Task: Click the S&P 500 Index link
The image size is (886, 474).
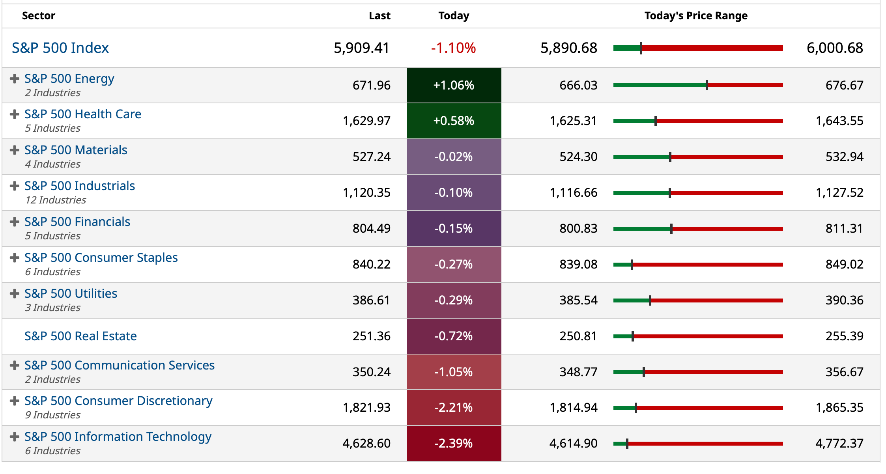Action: pos(60,48)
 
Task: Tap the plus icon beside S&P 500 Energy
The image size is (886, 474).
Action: pos(15,79)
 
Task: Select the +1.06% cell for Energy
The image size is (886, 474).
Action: pos(454,85)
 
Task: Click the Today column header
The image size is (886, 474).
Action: pos(454,16)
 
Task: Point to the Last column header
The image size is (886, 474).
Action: pos(379,16)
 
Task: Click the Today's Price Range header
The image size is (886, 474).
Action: pos(696,16)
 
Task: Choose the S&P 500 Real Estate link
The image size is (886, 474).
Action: pos(80,336)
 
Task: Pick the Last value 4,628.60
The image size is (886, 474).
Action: pos(366,443)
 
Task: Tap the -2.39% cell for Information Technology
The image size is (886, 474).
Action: pos(454,443)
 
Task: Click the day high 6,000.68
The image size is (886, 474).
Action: pos(835,48)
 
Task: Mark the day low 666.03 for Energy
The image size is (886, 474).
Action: pos(578,85)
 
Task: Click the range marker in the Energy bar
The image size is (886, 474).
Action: pos(707,85)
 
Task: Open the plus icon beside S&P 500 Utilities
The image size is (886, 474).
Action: pos(15,294)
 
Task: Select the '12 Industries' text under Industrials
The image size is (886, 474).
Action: pos(56,200)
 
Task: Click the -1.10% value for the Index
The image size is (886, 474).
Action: pos(453,48)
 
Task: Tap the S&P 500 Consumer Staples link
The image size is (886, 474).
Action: pos(101,258)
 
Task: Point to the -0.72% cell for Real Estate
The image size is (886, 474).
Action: pos(454,336)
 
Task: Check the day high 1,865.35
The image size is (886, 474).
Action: pos(839,407)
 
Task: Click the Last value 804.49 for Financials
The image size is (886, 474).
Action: pos(371,228)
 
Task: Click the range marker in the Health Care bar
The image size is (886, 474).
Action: pos(656,121)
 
